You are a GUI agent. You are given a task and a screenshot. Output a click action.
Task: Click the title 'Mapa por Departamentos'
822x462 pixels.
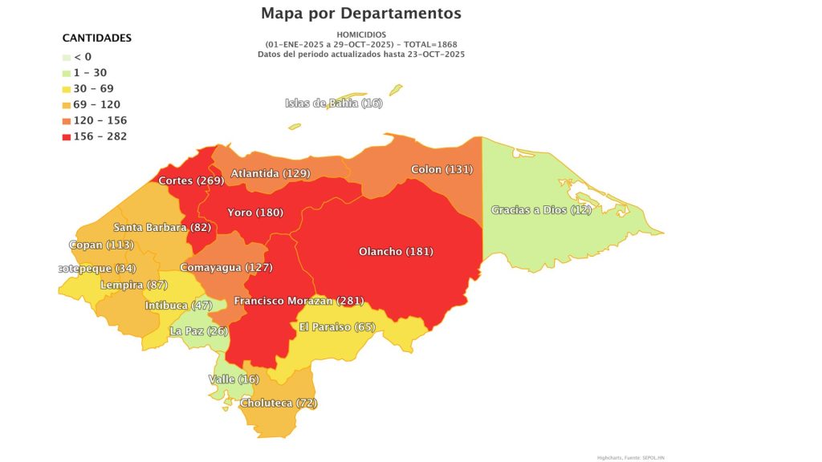coord(361,14)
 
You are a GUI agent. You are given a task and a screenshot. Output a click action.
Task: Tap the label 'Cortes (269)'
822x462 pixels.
coord(190,180)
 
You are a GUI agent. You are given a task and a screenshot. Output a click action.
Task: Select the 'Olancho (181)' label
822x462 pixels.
coord(396,251)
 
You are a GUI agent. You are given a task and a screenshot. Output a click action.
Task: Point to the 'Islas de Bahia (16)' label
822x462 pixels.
coord(334,103)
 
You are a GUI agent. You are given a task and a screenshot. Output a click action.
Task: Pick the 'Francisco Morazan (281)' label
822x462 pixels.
coord(299,301)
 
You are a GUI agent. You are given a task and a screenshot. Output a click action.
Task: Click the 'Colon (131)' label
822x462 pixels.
coord(442,169)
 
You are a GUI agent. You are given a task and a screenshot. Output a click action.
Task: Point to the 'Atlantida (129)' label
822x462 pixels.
coord(271,173)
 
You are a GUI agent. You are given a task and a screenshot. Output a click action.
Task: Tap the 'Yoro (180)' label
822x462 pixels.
coord(255,213)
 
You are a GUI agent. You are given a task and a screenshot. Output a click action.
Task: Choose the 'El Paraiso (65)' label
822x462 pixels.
coord(337,326)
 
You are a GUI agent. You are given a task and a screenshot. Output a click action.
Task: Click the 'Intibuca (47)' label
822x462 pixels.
coord(178,306)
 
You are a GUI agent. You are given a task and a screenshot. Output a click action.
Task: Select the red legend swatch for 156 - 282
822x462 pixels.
coord(67,136)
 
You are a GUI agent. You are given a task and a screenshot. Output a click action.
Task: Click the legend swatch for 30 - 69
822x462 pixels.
coord(67,88)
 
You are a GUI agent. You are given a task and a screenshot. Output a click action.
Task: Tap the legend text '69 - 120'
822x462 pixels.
coord(96,104)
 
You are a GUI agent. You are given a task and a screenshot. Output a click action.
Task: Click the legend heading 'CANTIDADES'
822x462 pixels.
coord(97,38)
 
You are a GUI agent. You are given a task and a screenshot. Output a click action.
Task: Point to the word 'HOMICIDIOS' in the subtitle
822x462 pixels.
coord(361,34)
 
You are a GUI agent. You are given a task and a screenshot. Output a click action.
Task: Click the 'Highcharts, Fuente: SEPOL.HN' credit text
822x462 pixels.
coord(630,457)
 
